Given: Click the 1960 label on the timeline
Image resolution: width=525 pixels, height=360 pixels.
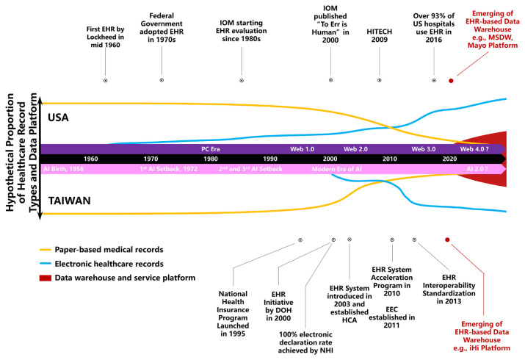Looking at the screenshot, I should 91,159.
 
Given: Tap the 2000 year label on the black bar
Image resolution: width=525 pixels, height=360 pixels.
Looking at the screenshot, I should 330,159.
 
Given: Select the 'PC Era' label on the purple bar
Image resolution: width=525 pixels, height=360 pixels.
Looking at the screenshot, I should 211,148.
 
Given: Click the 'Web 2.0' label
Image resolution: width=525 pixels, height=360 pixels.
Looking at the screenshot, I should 355,148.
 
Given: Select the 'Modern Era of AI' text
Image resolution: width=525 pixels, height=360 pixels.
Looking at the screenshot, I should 337,169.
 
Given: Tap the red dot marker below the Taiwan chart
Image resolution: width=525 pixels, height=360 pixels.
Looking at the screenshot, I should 447,240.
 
